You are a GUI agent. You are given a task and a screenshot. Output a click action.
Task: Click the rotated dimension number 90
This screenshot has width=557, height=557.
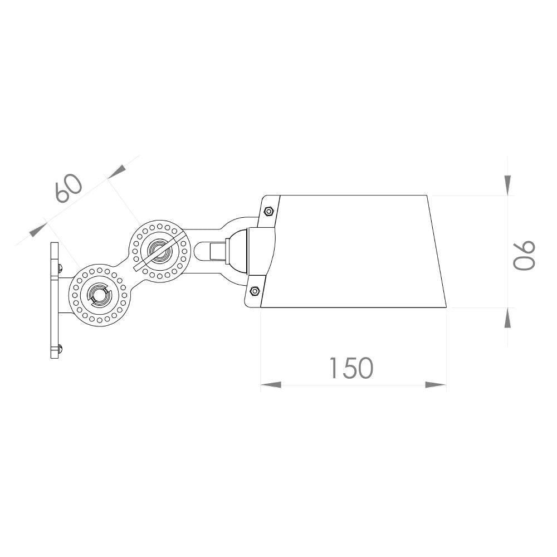(x=524, y=255)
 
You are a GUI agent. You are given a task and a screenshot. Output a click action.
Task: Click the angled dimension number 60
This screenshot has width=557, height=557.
(x=69, y=188)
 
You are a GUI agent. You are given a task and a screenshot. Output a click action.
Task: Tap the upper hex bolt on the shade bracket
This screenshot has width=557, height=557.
(x=268, y=212)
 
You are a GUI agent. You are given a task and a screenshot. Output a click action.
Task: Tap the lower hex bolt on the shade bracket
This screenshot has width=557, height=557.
(x=255, y=291)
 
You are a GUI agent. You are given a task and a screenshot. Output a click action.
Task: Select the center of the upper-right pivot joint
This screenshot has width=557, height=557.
(x=159, y=251)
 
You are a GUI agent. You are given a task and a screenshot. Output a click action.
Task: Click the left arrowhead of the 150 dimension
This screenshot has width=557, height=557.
(x=271, y=385)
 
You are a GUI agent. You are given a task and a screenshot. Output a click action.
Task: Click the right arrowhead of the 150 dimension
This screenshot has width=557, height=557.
(x=436, y=385)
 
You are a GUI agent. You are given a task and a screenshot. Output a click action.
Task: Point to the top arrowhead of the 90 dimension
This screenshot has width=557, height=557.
(x=507, y=185)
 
